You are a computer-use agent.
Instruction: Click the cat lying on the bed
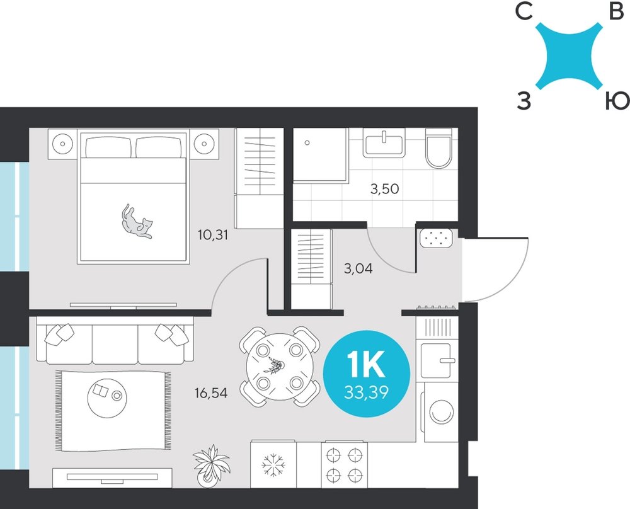[136, 222]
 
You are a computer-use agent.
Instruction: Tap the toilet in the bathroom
[438, 148]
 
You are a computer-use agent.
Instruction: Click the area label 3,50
[384, 188]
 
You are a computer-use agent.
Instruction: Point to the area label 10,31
[213, 234]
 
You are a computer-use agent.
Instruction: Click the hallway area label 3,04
[358, 268]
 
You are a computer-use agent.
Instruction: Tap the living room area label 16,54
[211, 392]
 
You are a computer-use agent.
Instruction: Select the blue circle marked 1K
[367, 374]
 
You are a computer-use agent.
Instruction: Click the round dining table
[280, 367]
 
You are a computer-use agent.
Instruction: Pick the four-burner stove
[345, 465]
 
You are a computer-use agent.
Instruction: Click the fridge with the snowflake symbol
[273, 465]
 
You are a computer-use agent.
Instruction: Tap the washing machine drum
[442, 411]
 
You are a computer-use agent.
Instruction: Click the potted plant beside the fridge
[211, 466]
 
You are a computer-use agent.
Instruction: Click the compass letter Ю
[617, 100]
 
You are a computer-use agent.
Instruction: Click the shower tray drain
[307, 142]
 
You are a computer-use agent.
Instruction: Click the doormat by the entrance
[436, 238]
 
